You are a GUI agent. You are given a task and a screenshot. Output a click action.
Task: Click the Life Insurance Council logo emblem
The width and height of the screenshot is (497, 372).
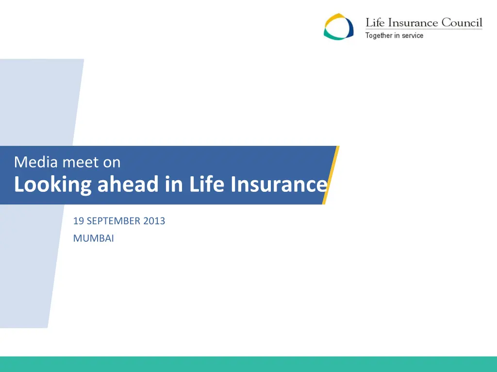point(339,27)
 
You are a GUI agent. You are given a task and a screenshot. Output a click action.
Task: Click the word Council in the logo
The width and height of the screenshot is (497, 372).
point(462,23)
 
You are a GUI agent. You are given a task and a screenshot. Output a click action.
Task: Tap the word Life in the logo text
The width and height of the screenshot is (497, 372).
point(375,23)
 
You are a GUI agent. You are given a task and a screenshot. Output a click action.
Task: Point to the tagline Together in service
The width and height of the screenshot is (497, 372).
point(394,35)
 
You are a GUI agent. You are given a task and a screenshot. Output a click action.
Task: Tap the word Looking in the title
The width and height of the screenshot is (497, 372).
point(52,185)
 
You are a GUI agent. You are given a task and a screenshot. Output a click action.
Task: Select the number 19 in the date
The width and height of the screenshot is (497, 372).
point(78,221)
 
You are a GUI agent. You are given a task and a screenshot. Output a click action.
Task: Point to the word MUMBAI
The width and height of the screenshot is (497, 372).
point(93,238)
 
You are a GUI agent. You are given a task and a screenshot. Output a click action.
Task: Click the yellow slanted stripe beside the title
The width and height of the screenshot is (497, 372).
point(331,174)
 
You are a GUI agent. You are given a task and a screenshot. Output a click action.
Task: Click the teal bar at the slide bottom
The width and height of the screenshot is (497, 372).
point(248,364)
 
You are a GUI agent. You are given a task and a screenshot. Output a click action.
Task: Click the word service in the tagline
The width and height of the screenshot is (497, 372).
point(413,35)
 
